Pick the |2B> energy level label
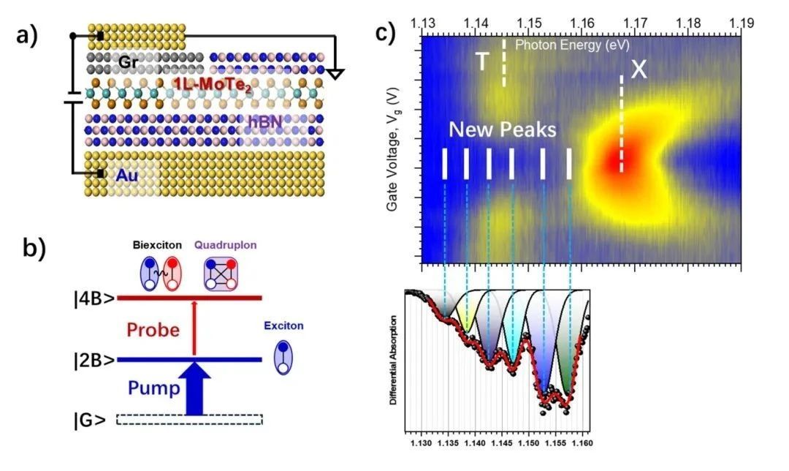(94, 360)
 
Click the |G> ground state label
(91, 419)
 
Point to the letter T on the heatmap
(482, 62)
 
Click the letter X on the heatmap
(639, 69)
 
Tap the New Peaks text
(502, 130)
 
